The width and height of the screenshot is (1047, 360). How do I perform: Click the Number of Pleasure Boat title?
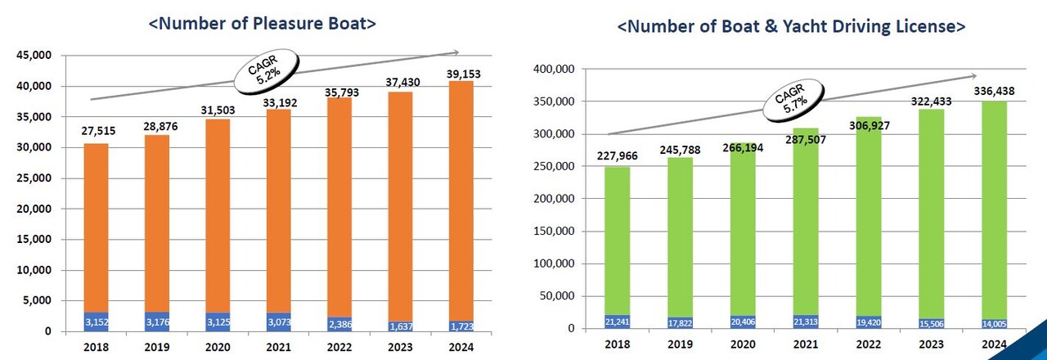coord(262,24)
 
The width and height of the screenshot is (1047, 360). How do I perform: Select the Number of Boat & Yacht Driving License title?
coord(791,27)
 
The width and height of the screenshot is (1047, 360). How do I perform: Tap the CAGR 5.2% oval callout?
coord(268,74)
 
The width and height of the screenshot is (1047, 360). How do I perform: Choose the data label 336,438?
coord(989,92)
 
